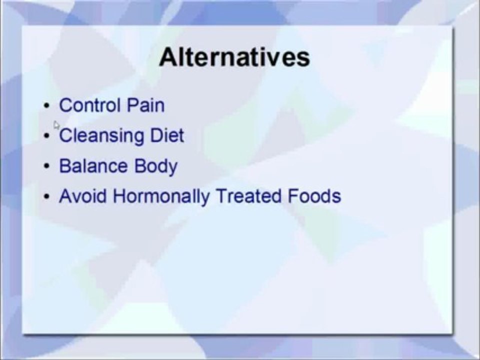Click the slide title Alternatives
click(x=234, y=57)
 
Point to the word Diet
click(x=167, y=135)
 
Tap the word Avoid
click(x=83, y=196)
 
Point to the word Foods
click(x=314, y=196)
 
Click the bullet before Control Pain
click(x=46, y=106)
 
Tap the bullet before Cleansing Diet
click(x=46, y=136)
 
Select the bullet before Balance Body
click(x=46, y=166)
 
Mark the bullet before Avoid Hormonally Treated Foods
click(x=46, y=196)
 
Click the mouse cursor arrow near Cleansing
click(x=56, y=125)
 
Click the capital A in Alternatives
click(x=168, y=57)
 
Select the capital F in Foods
click(x=292, y=196)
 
